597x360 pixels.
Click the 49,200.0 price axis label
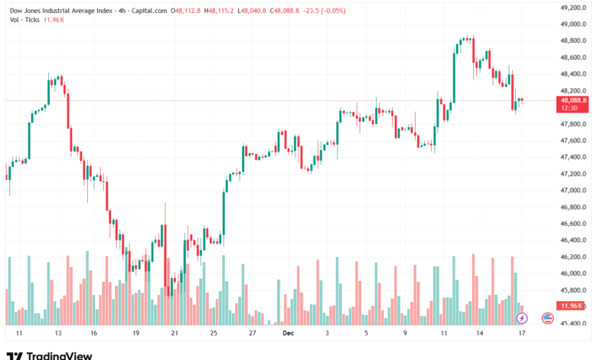(x=573, y=7)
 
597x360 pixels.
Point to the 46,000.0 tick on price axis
(x=573, y=273)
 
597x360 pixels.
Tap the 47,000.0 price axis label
(x=573, y=190)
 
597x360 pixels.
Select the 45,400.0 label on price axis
(x=573, y=323)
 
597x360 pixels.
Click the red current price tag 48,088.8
(x=573, y=100)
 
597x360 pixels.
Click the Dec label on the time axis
(x=288, y=334)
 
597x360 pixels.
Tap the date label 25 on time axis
(x=214, y=334)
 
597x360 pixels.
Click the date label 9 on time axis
(x=405, y=334)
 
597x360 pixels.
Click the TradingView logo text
(x=59, y=355)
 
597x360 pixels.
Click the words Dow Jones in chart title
(x=25, y=11)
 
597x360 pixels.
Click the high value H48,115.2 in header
(x=218, y=11)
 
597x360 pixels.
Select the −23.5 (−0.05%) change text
(x=324, y=11)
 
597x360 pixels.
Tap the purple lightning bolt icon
(x=522, y=317)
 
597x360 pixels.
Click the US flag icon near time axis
(x=547, y=317)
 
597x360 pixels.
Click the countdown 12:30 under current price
(x=569, y=108)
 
